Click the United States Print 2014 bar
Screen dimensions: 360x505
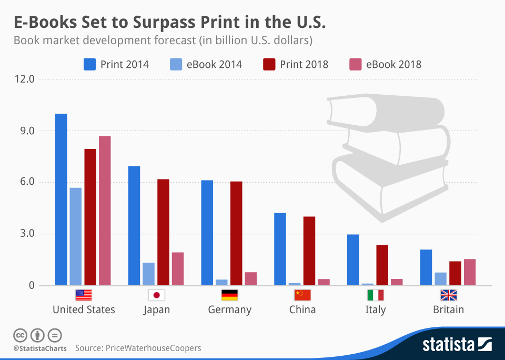[61, 200]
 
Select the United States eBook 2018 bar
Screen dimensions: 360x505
[105, 211]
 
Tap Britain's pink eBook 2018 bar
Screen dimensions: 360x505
[469, 272]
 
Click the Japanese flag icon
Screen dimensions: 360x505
[156, 295]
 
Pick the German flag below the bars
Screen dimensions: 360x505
[229, 295]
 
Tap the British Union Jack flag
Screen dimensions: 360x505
[448, 295]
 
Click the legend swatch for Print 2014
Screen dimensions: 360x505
[90, 64]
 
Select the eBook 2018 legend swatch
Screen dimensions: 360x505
[355, 64]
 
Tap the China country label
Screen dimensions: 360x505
[302, 309]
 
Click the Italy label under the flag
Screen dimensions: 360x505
[375, 309]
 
